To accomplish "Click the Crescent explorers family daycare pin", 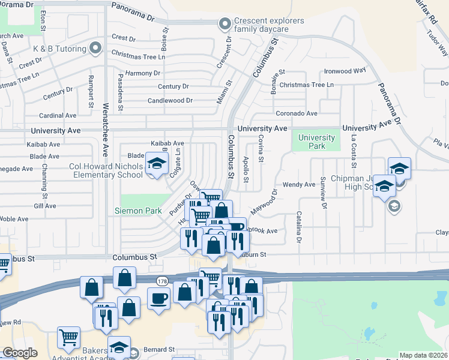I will tap(225, 25).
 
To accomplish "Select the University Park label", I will tap(316, 142).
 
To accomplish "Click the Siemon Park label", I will tap(138, 211).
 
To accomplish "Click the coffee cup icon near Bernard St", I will tap(159, 297).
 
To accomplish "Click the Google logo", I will tap(20, 352).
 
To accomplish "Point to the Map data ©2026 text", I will tap(423, 355).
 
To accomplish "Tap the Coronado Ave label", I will tap(297, 113).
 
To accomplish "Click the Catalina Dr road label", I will tap(298, 227).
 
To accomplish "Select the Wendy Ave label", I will tap(298, 185).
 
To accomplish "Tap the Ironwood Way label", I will tap(345, 71).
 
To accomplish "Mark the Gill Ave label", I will tap(45, 206).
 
